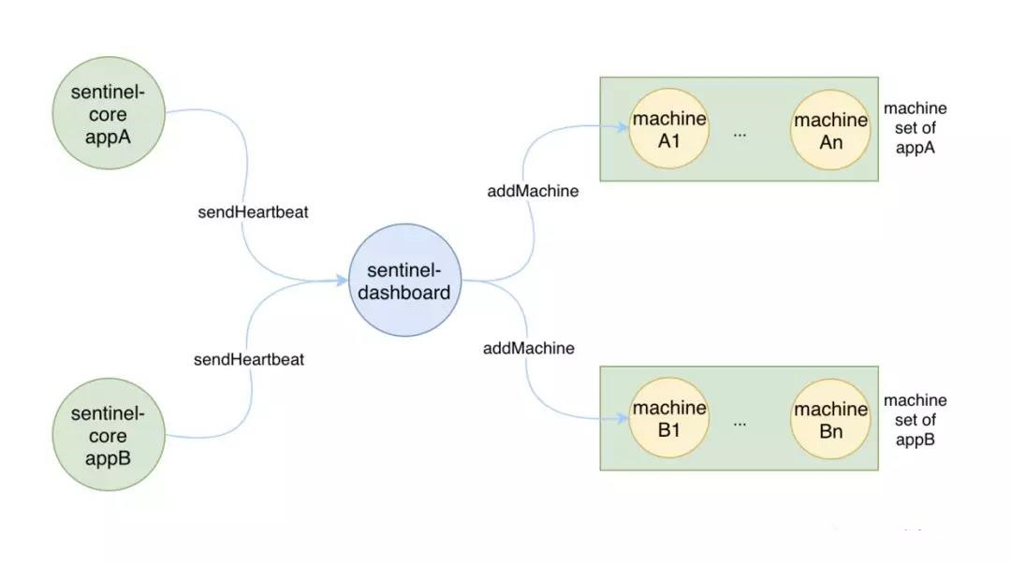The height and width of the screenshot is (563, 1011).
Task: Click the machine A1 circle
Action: point(668,129)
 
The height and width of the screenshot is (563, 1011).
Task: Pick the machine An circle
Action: point(830,130)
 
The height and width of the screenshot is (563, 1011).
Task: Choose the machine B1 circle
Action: point(668,418)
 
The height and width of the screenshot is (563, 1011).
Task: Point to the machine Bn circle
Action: point(830,420)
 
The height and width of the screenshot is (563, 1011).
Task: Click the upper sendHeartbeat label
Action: point(253,212)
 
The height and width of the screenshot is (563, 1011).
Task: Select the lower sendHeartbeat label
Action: point(249,359)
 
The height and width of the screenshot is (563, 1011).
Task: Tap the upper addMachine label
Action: point(533,192)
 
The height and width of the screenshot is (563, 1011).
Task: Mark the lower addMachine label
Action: point(529,349)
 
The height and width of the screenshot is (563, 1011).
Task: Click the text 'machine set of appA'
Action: point(915,128)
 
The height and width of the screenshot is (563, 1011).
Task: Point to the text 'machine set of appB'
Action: point(915,420)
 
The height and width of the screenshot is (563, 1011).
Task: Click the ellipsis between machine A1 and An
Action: point(740,134)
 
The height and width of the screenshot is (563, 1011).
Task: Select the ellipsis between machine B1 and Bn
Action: point(740,423)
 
